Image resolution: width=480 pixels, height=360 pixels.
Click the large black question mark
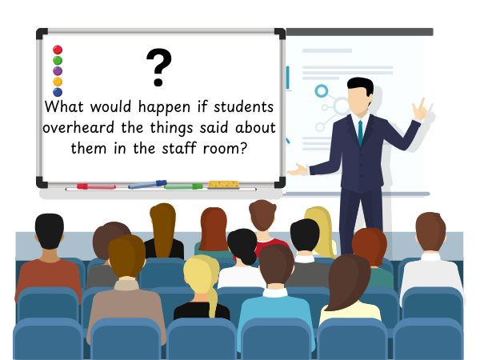point(159,67)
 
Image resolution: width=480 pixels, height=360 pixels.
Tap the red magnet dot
point(58,50)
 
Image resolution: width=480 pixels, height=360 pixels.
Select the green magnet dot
point(58,60)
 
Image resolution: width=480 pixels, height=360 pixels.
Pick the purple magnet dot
point(58,71)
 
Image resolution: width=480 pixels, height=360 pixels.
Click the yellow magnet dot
point(58,82)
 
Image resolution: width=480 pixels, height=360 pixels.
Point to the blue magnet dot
point(58,92)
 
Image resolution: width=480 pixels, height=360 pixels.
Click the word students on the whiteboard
point(244,106)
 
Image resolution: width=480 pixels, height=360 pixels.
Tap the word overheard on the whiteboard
point(78,127)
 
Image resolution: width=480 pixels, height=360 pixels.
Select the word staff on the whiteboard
point(179,148)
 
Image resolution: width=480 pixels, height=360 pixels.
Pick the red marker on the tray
point(96,186)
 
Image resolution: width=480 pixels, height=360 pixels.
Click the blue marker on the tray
point(147,185)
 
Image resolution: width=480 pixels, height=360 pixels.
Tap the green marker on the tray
point(183,186)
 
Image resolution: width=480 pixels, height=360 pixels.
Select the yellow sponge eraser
point(223,185)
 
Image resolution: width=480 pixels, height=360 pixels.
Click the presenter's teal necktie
point(361,132)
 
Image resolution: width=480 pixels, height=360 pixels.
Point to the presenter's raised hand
point(420,110)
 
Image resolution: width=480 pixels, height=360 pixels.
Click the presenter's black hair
point(362,85)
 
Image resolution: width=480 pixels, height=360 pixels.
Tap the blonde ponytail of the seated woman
point(212,302)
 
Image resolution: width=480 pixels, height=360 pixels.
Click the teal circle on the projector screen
point(322,91)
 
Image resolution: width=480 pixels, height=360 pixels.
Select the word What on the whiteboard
point(64,106)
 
